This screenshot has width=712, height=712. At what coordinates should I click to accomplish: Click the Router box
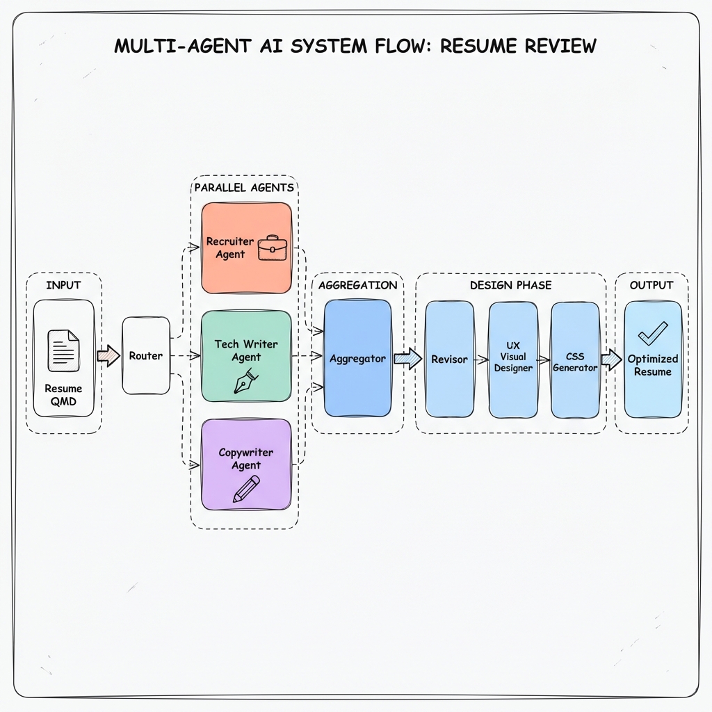[146, 355]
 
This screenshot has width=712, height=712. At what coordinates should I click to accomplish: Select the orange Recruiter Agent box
[246, 248]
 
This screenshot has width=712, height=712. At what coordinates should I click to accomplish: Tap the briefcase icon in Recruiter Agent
[272, 248]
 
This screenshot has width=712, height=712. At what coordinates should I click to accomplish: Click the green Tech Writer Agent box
[246, 356]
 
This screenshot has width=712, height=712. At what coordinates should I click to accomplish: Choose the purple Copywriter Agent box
[246, 464]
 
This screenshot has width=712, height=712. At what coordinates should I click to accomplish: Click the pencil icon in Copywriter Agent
[246, 489]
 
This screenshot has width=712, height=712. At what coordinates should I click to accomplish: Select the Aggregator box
[357, 359]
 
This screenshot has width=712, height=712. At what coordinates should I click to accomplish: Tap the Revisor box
[449, 359]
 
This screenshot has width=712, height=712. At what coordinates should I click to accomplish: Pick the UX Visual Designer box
[513, 359]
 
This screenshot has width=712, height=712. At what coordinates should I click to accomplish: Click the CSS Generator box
[575, 359]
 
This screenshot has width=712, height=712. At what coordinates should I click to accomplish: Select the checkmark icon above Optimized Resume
[652, 333]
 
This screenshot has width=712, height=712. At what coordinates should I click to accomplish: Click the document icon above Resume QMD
[63, 350]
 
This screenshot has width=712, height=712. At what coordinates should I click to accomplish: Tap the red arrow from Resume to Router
[108, 356]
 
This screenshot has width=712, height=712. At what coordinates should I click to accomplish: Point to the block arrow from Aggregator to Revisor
[408, 359]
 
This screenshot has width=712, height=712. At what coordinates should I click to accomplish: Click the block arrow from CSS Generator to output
[611, 359]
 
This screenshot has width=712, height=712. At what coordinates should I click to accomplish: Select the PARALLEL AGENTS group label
[243, 187]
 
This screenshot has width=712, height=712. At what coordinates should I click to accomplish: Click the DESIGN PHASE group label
[510, 285]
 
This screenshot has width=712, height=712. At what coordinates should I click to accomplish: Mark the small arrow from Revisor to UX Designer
[481, 359]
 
